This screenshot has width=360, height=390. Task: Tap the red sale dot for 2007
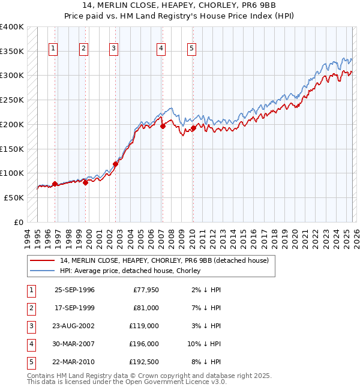163,126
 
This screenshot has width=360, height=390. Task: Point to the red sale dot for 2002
115,164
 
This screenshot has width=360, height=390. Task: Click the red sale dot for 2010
193,128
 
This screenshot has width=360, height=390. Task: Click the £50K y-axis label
14,197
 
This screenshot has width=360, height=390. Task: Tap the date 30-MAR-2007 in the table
74,344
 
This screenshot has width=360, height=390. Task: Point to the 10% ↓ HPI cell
205,344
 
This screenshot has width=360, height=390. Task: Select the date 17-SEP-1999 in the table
74,308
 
